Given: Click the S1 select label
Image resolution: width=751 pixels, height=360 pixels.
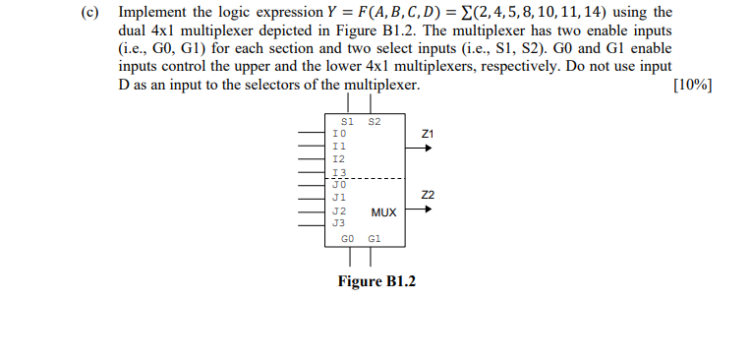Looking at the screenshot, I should coord(346,121).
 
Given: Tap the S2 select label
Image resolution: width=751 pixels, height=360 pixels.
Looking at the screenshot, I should coord(374,121).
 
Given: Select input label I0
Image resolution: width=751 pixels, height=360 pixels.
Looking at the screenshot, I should coord(339,132).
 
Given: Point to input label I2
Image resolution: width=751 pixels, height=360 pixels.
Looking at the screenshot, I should coord(339,157).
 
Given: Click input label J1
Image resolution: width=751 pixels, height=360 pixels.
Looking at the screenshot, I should coord(339,197).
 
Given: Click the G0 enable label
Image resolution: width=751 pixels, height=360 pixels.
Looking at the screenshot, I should coord(347,238).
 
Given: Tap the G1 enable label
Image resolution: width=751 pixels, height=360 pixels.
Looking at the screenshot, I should coord(374,238).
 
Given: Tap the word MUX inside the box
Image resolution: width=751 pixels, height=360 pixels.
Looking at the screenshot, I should coord(383,211).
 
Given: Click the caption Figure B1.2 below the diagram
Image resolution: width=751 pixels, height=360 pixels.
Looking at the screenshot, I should coord(376,282).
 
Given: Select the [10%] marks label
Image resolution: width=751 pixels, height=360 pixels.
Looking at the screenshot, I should coord(692,86).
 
